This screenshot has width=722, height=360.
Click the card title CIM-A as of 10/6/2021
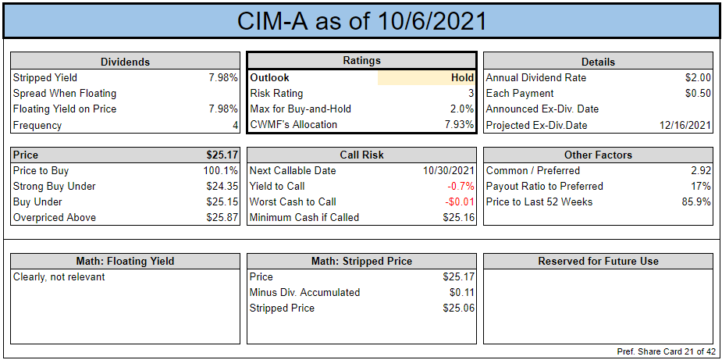(361, 21)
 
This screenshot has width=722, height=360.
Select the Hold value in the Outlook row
(462, 78)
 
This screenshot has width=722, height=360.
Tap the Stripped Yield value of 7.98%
(223, 78)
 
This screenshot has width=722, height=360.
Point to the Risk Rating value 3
(471, 94)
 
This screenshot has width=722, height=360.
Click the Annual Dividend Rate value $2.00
(698, 78)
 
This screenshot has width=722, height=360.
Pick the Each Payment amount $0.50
(698, 94)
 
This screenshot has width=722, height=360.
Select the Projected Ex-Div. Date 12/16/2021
(685, 125)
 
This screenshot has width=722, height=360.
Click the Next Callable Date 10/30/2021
(449, 171)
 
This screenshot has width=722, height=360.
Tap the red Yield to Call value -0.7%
(461, 187)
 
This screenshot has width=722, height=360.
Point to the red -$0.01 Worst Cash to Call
(459, 202)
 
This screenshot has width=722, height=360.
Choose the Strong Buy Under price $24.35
(222, 186)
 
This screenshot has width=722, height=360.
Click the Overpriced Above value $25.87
(222, 218)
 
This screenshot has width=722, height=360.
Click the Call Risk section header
(361, 155)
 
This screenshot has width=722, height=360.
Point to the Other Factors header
(598, 155)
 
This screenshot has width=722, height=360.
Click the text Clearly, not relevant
(59, 277)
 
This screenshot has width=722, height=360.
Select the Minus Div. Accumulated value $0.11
(462, 292)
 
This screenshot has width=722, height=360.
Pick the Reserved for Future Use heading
(598, 262)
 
